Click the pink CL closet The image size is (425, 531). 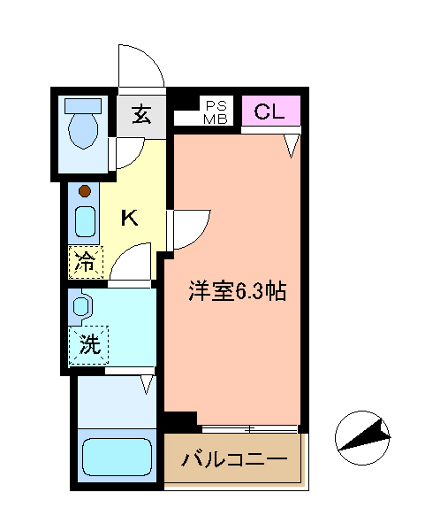(x=269, y=111)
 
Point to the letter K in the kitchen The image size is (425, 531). (x=129, y=218)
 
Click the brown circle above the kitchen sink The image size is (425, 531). (x=84, y=191)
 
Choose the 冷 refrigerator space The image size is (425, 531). (x=86, y=262)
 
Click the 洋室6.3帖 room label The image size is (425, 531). (x=236, y=291)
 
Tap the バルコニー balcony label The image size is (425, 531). (x=234, y=460)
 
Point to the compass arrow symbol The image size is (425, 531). (x=363, y=435)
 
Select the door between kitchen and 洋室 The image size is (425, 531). (x=188, y=228)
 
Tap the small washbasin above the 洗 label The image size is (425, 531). (x=81, y=306)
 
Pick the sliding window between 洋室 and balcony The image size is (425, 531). (x=250, y=429)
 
